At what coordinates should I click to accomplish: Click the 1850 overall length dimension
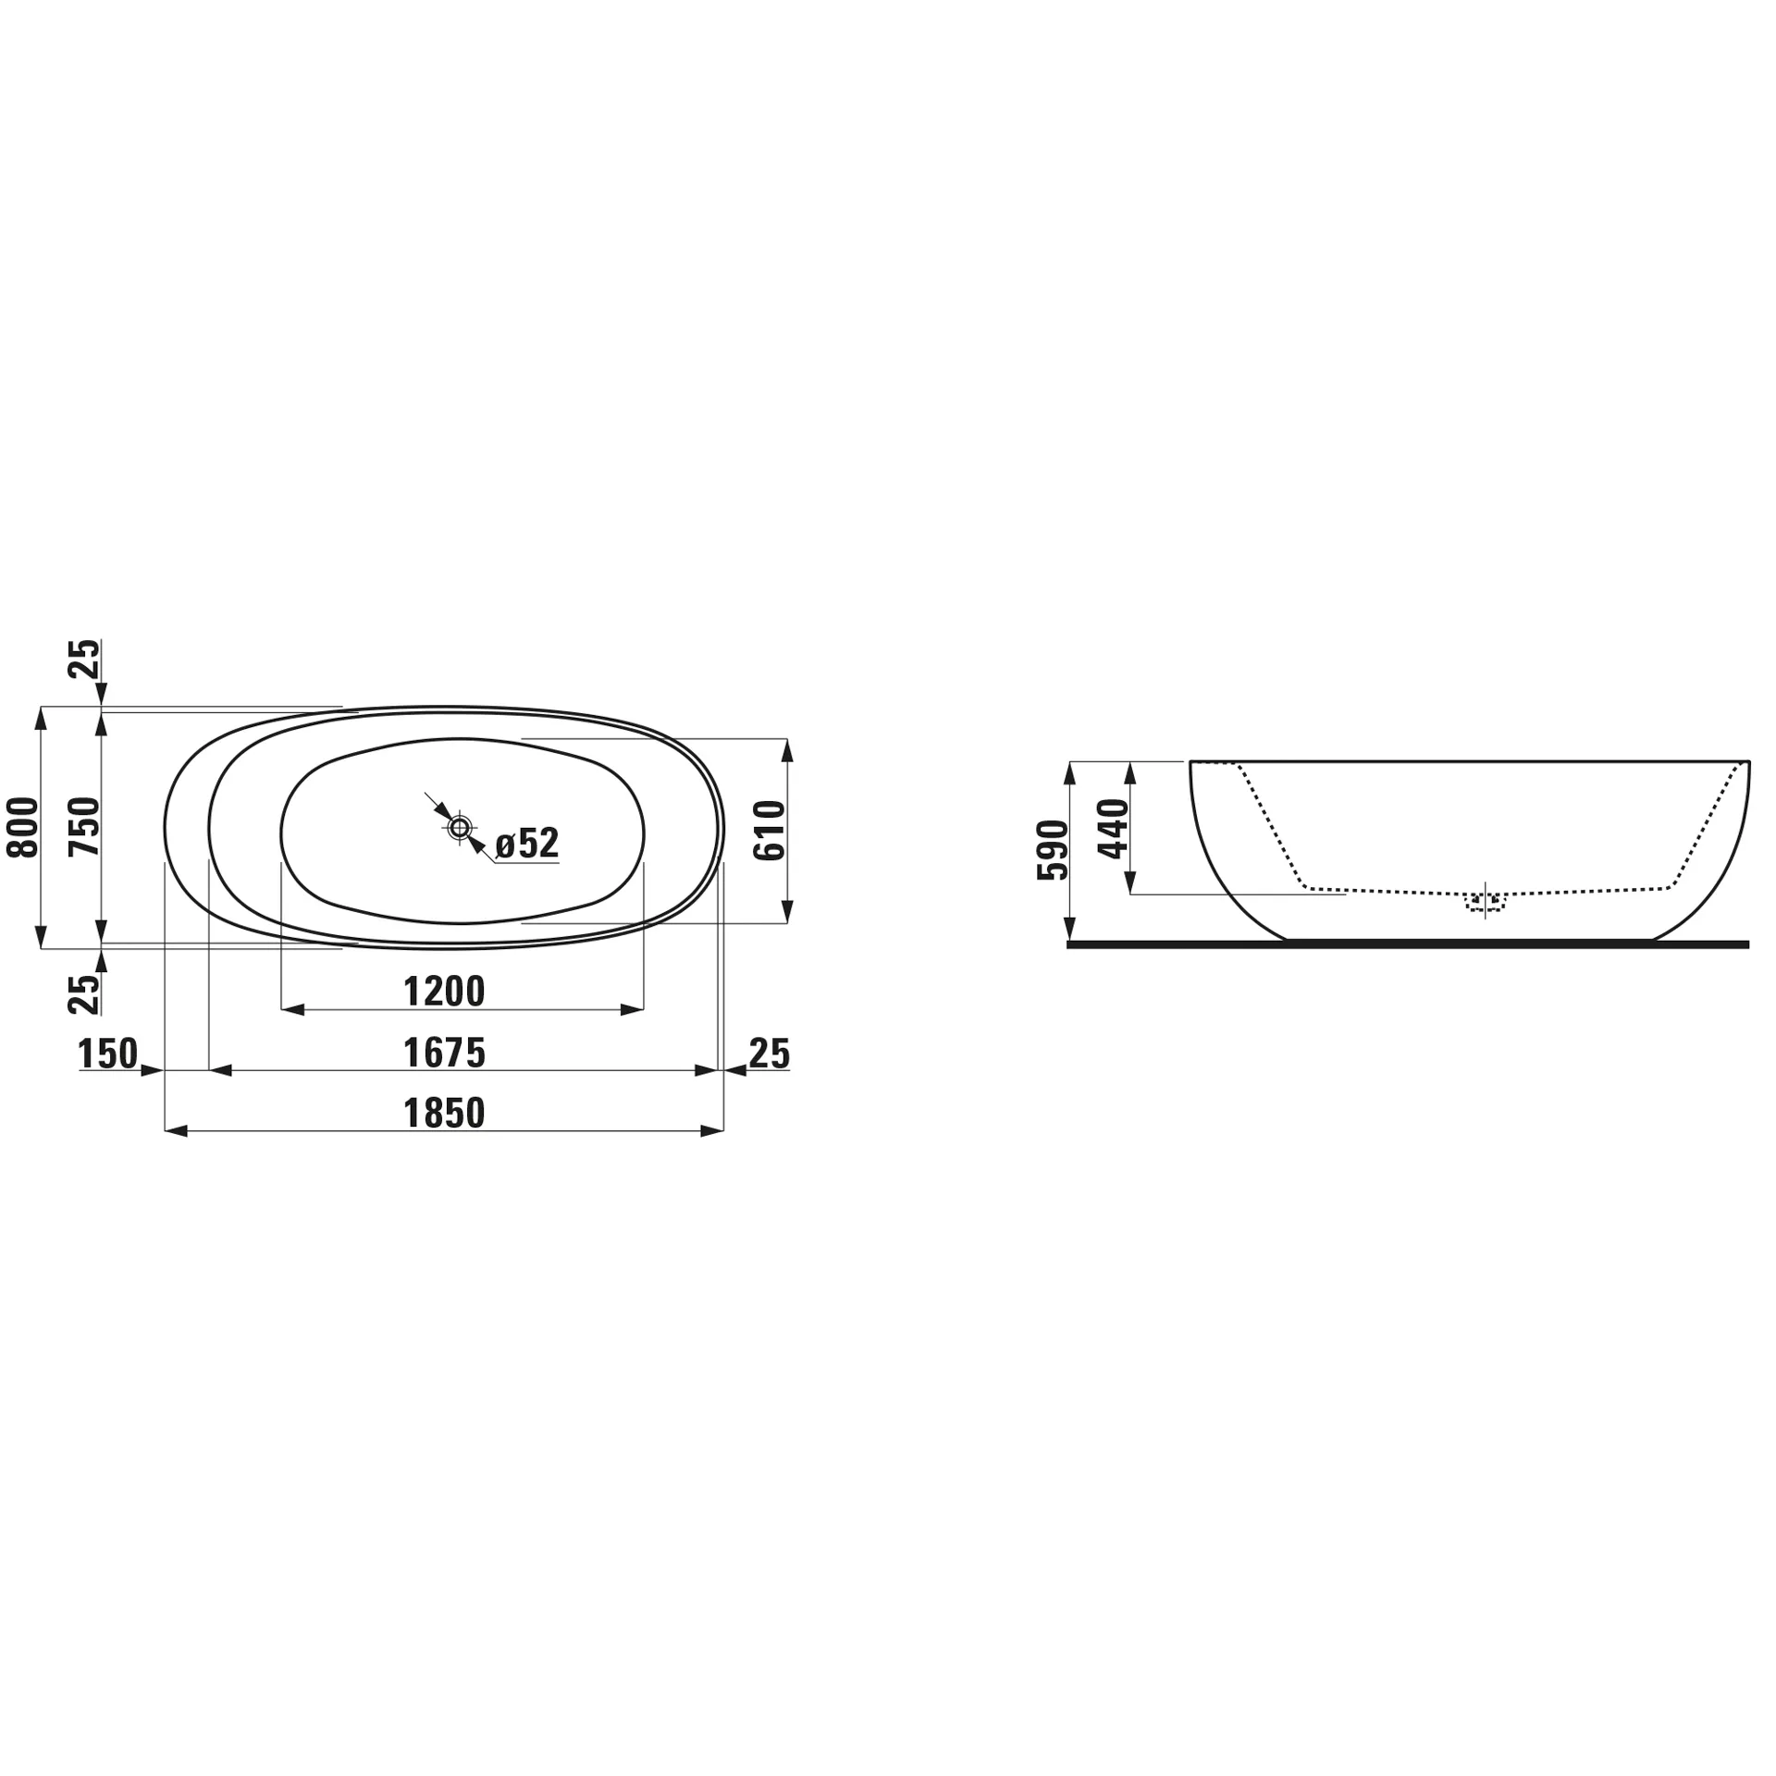click(444, 1113)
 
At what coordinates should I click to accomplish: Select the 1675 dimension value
click(444, 1053)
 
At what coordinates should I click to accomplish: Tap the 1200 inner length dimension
click(444, 992)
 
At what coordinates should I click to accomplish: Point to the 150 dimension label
click(108, 1053)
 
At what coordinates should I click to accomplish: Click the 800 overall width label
click(23, 827)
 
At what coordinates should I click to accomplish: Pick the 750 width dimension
click(83, 827)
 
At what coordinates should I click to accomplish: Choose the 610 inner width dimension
click(770, 831)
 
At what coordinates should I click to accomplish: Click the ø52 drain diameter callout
click(527, 844)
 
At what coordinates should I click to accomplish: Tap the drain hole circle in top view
click(460, 828)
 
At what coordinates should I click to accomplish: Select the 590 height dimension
click(1053, 850)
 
